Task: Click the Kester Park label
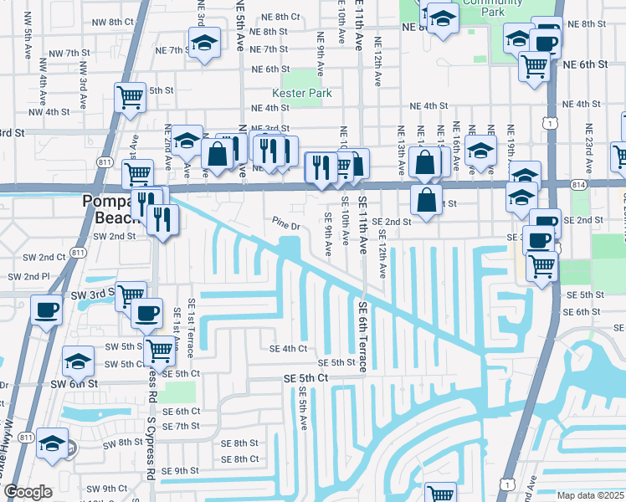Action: click(x=301, y=93)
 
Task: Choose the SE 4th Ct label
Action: click(x=288, y=348)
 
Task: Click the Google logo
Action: click(x=28, y=492)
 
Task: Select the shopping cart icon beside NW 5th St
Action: click(x=130, y=98)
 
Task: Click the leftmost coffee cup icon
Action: click(x=45, y=310)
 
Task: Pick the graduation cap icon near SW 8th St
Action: click(x=53, y=444)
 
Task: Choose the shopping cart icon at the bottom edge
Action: click(x=439, y=494)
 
